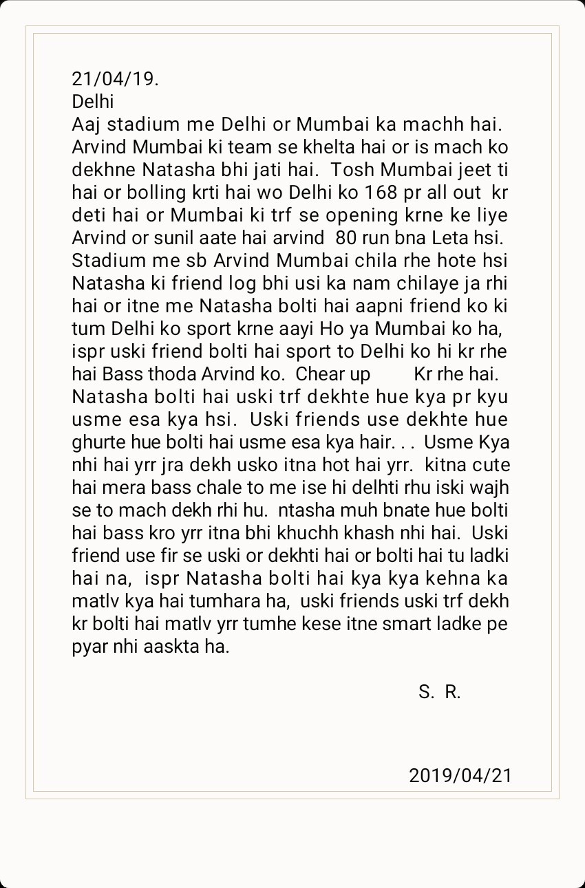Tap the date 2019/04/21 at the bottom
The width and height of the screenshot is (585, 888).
tap(460, 776)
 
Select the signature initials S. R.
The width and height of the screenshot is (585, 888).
tap(439, 692)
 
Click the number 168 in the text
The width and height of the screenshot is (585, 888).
tap(382, 192)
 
